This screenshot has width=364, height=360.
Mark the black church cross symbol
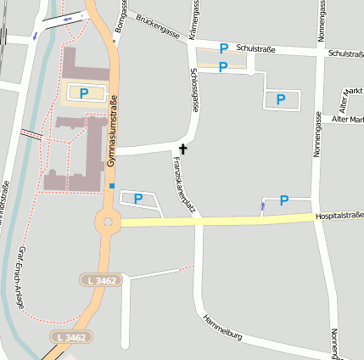tap(183, 149)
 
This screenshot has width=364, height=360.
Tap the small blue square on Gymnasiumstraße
tap(111, 186)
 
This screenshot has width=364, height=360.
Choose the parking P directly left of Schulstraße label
tap(224, 49)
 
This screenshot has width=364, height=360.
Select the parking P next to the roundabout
tap(137, 199)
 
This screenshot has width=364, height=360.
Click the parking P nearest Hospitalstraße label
tap(284, 200)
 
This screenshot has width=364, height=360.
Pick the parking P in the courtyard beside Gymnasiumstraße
tap(84, 93)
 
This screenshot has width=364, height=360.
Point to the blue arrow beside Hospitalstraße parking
tap(263, 205)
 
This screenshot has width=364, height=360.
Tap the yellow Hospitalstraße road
tap(221, 221)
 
